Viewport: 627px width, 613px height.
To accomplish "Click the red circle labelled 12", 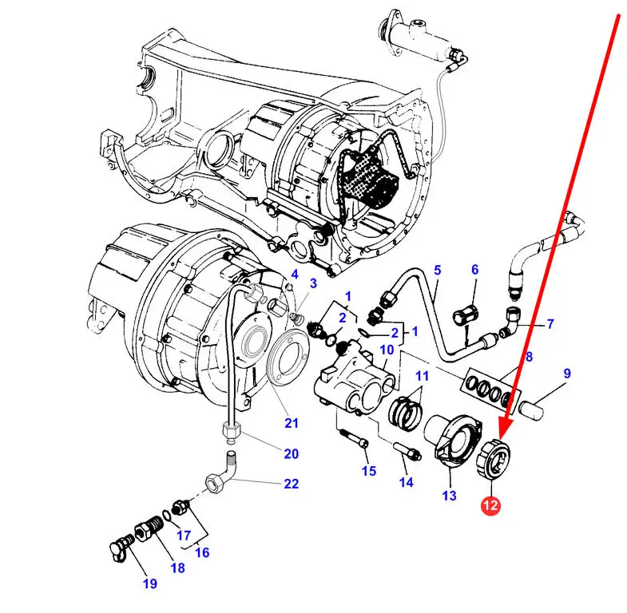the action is coord(490,505).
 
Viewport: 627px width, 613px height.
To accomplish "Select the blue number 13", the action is coord(450,496).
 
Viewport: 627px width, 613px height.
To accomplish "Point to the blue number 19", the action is coord(150,583).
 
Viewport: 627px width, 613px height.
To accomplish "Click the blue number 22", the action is coord(291,484).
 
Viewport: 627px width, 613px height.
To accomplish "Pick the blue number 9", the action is coord(567,374).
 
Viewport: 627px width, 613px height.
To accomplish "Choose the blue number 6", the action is coord(474,270).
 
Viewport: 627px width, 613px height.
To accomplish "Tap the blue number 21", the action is coord(291,423).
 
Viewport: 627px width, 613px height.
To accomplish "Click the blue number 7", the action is coord(550,324).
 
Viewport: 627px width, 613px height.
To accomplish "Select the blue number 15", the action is coord(369,471).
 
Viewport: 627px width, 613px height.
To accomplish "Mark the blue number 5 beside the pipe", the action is coord(438,270).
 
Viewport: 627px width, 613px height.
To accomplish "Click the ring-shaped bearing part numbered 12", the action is coord(494,459).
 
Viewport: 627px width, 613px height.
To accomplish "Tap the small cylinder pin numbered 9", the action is coord(531,409).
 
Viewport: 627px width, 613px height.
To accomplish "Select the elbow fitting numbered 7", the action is coord(510,322).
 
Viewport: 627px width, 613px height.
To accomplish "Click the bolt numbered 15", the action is coord(354,439).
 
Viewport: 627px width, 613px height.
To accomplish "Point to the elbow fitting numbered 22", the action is coord(220,473).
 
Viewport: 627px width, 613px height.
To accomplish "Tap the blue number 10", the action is coord(387,350).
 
